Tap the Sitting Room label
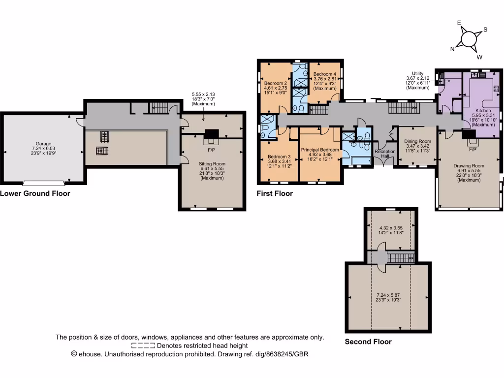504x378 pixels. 212,162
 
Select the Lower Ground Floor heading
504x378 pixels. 35,193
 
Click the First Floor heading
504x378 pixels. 275,193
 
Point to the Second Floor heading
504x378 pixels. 368,342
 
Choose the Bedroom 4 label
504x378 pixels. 325,74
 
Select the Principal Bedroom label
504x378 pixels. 320,150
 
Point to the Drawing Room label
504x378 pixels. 469,166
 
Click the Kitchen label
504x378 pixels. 483,111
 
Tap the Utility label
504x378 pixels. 417,73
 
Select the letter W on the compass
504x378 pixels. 479,57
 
